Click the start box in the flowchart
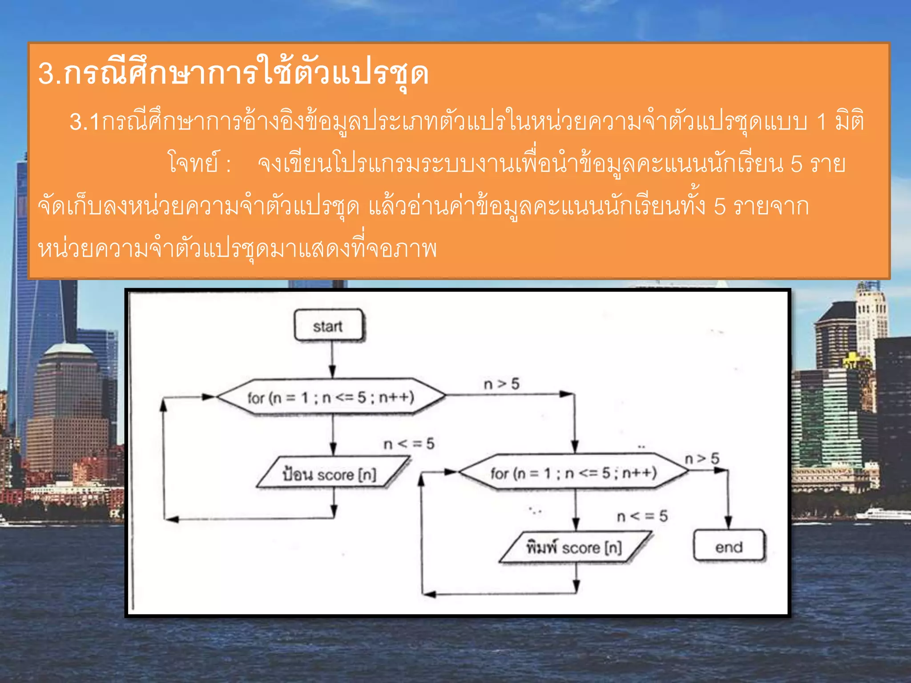pos(328,326)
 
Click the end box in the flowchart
pos(729,546)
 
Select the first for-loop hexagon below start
pos(331,397)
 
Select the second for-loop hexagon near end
pos(573,472)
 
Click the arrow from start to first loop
pos(332,360)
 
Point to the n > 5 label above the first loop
pos(501,384)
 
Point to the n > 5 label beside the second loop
pos(701,458)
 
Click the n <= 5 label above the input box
pos(409,443)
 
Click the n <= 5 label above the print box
pos(642,516)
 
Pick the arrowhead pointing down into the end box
pos(728,522)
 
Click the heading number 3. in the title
pos(49,73)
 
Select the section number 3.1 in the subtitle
pos(85,122)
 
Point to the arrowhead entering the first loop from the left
pos(208,397)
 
